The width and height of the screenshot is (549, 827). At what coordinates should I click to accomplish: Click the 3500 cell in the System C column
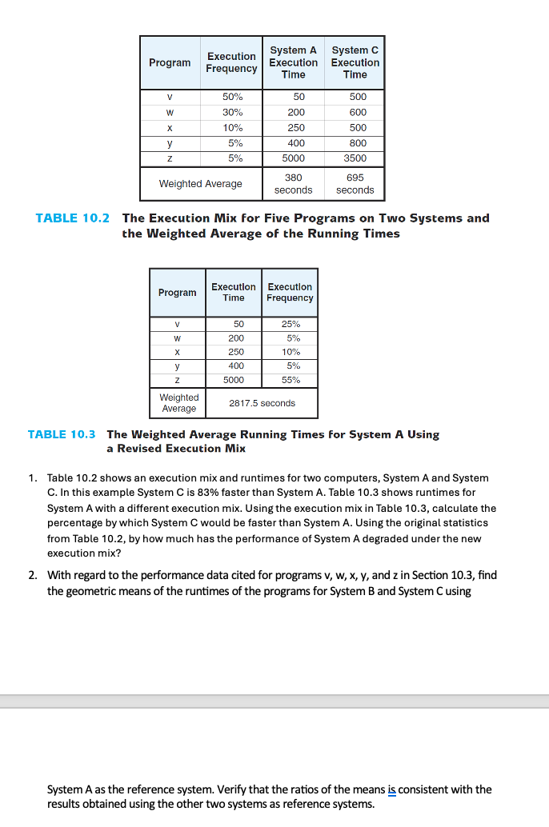tap(357, 158)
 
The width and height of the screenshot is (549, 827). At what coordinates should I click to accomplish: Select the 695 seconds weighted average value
tap(355, 183)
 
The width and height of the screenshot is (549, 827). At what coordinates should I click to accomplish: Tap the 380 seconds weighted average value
tap(293, 183)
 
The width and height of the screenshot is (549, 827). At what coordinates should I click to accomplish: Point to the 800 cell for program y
tap(357, 143)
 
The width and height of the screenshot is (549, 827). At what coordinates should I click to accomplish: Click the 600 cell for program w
tap(357, 112)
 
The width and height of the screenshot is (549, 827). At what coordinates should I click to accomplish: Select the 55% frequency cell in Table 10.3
tap(290, 380)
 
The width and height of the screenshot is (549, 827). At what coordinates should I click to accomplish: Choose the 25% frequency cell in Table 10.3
tap(290, 324)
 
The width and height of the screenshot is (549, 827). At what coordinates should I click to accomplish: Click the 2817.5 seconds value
tap(262, 403)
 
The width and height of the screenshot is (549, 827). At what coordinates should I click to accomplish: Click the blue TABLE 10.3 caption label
tap(62, 434)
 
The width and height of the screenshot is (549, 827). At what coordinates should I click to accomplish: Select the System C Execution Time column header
tap(355, 62)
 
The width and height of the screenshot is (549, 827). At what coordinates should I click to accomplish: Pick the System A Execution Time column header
tap(293, 62)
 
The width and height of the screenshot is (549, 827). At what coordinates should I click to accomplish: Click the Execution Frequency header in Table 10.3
tap(290, 292)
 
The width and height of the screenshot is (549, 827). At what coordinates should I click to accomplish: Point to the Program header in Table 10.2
tap(170, 62)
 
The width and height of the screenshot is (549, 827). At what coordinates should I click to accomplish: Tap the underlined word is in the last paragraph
tap(391, 789)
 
